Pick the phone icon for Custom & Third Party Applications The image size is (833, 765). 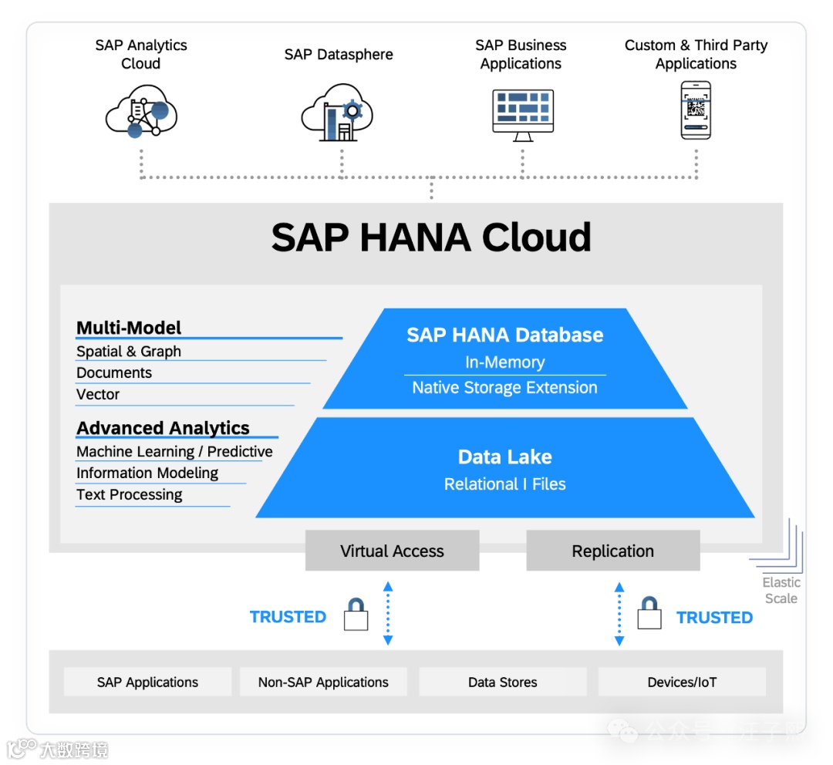pyautogui.click(x=696, y=110)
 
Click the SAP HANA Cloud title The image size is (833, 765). pyautogui.click(x=431, y=238)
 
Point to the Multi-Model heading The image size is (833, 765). pyautogui.click(x=129, y=328)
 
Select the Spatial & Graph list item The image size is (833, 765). pyautogui.click(x=129, y=352)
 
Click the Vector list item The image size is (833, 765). pyautogui.click(x=98, y=395)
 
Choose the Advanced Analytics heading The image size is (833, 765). pyautogui.click(x=163, y=428)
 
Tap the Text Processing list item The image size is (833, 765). pyautogui.click(x=130, y=495)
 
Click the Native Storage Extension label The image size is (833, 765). pyautogui.click(x=504, y=388)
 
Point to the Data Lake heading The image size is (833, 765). pyautogui.click(x=504, y=457)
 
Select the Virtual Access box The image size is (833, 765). pyautogui.click(x=392, y=551)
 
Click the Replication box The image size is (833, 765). pyautogui.click(x=612, y=551)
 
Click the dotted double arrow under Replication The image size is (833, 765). pyautogui.click(x=619, y=614)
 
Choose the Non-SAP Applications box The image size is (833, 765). pyautogui.click(x=323, y=682)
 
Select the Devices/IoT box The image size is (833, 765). pyautogui.click(x=682, y=682)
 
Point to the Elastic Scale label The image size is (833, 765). pyautogui.click(x=781, y=591)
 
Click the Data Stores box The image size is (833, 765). pyautogui.click(x=502, y=682)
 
